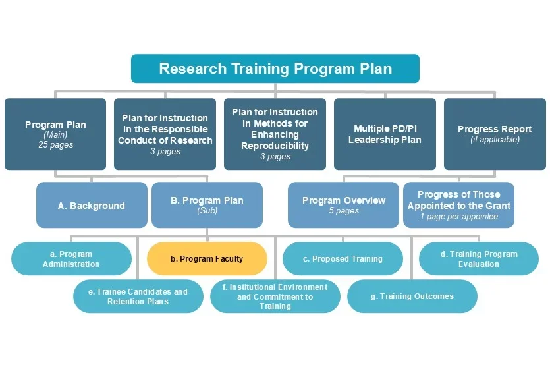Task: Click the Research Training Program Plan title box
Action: coord(275,69)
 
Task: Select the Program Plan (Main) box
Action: coord(55,134)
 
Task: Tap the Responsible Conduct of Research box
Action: coord(165,134)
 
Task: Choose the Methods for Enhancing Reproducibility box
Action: coord(275,134)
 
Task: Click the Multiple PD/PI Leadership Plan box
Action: coord(385,134)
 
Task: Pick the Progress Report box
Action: coord(495,134)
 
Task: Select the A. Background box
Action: coord(91,206)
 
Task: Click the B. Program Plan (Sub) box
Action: coord(207,205)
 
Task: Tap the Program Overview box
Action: coord(344,205)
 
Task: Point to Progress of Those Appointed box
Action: coord(458,205)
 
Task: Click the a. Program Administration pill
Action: coord(71,259)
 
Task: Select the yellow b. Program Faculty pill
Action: coord(207,259)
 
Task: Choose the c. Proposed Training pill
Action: coord(343,259)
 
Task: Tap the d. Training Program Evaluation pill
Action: coord(479,259)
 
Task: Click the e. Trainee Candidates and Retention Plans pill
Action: coord(138,296)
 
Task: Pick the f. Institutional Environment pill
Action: coord(275,296)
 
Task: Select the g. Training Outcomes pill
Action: coord(412,296)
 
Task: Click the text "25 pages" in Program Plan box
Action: coord(55,145)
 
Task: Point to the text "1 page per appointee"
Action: coord(458,217)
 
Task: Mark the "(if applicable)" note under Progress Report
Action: coord(495,140)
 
